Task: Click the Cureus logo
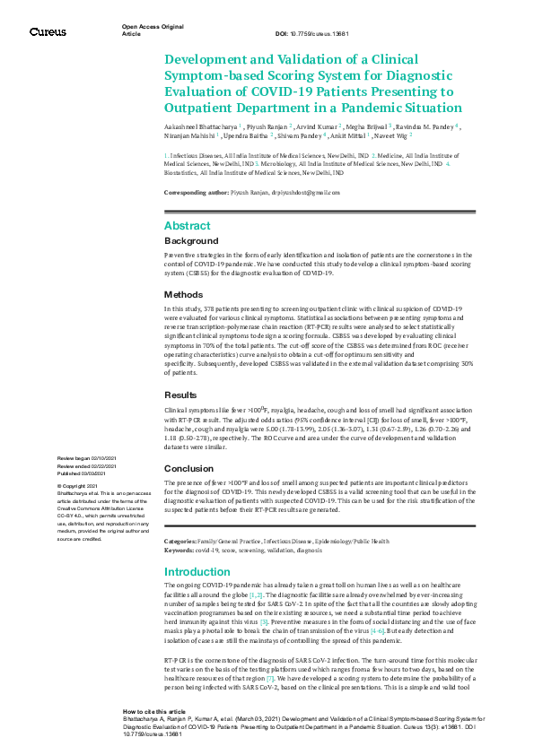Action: pos(48,31)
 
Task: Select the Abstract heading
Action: pos(188,226)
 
